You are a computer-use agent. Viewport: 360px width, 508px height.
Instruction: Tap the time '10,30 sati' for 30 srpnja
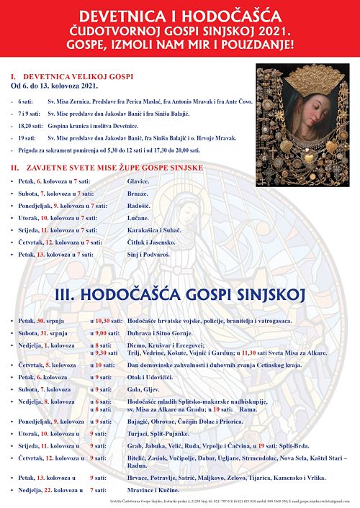pyautogui.click(x=105, y=320)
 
